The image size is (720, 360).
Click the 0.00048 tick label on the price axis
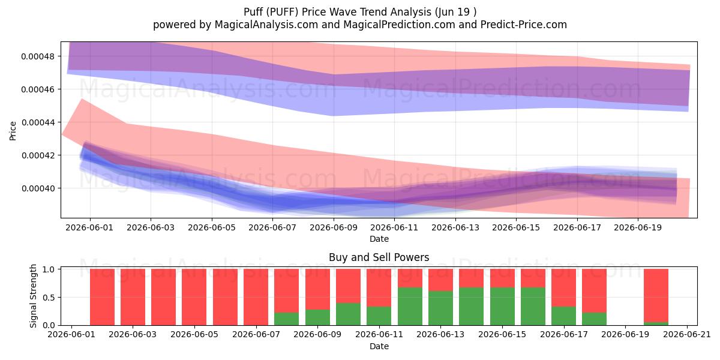[x=37, y=56]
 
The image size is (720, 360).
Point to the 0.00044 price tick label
[x=37, y=122]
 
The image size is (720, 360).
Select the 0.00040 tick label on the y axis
[x=37, y=188]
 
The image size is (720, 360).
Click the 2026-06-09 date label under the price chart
[x=334, y=227]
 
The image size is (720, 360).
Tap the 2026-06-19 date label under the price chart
[x=638, y=227]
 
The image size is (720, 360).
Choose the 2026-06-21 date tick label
[x=687, y=335]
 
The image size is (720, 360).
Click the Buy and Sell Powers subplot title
[x=379, y=257]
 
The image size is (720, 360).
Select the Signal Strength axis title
[x=33, y=296]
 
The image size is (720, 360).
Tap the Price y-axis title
[x=13, y=131]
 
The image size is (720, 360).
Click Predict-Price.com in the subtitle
[x=524, y=25]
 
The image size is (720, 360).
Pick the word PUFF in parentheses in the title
[x=282, y=12]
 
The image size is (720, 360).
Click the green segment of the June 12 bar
[x=410, y=307]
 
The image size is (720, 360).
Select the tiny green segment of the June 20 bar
[x=656, y=323]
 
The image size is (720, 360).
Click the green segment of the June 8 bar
[x=286, y=319]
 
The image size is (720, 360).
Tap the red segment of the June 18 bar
[x=595, y=290]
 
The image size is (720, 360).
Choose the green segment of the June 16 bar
[x=533, y=307]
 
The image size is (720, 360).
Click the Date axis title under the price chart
[x=379, y=239]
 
